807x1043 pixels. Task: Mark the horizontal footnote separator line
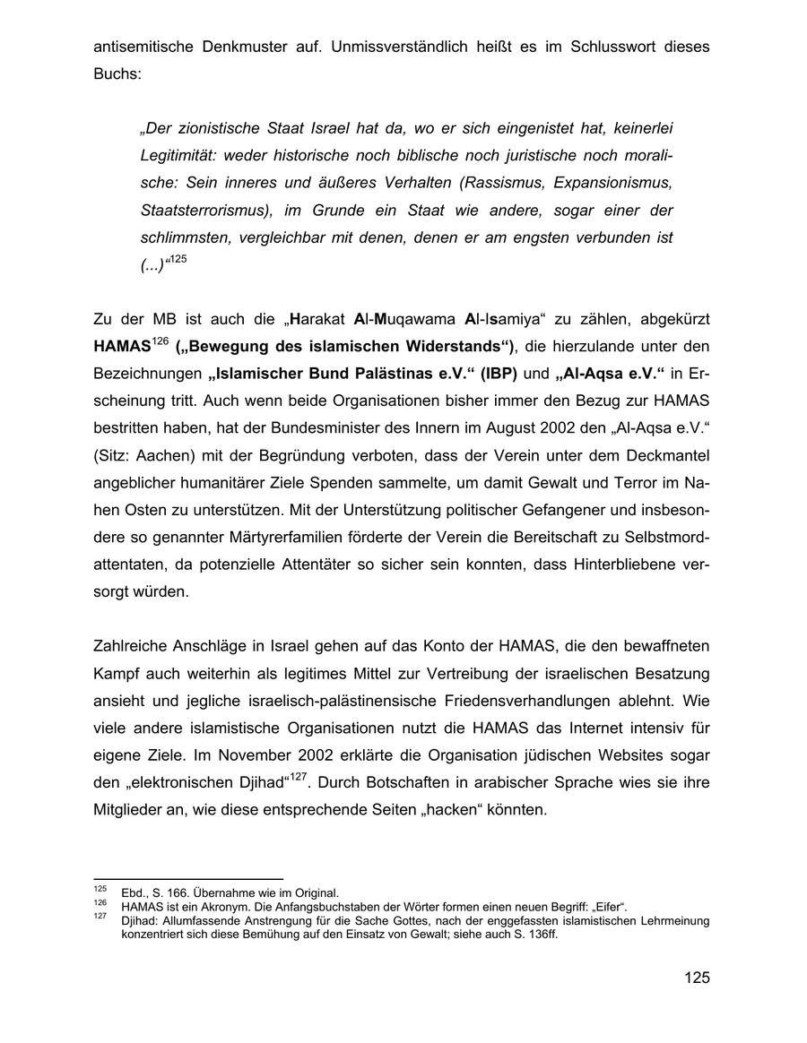click(188, 879)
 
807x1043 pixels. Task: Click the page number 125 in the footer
click(697, 977)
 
